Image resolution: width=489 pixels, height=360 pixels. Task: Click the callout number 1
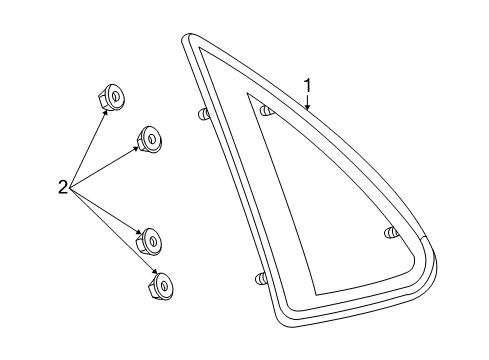pyautogui.click(x=309, y=86)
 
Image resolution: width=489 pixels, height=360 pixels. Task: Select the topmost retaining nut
pyautogui.click(x=112, y=98)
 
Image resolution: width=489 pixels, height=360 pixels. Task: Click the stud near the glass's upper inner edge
pyautogui.click(x=266, y=110)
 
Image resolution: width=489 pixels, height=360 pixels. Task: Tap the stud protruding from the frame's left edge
pyautogui.click(x=203, y=114)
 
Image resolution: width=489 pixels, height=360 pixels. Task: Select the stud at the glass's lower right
pyautogui.click(x=390, y=234)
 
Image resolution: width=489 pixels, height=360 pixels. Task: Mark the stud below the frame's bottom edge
pyautogui.click(x=259, y=278)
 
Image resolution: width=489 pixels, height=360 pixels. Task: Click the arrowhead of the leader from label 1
pyautogui.click(x=308, y=107)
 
